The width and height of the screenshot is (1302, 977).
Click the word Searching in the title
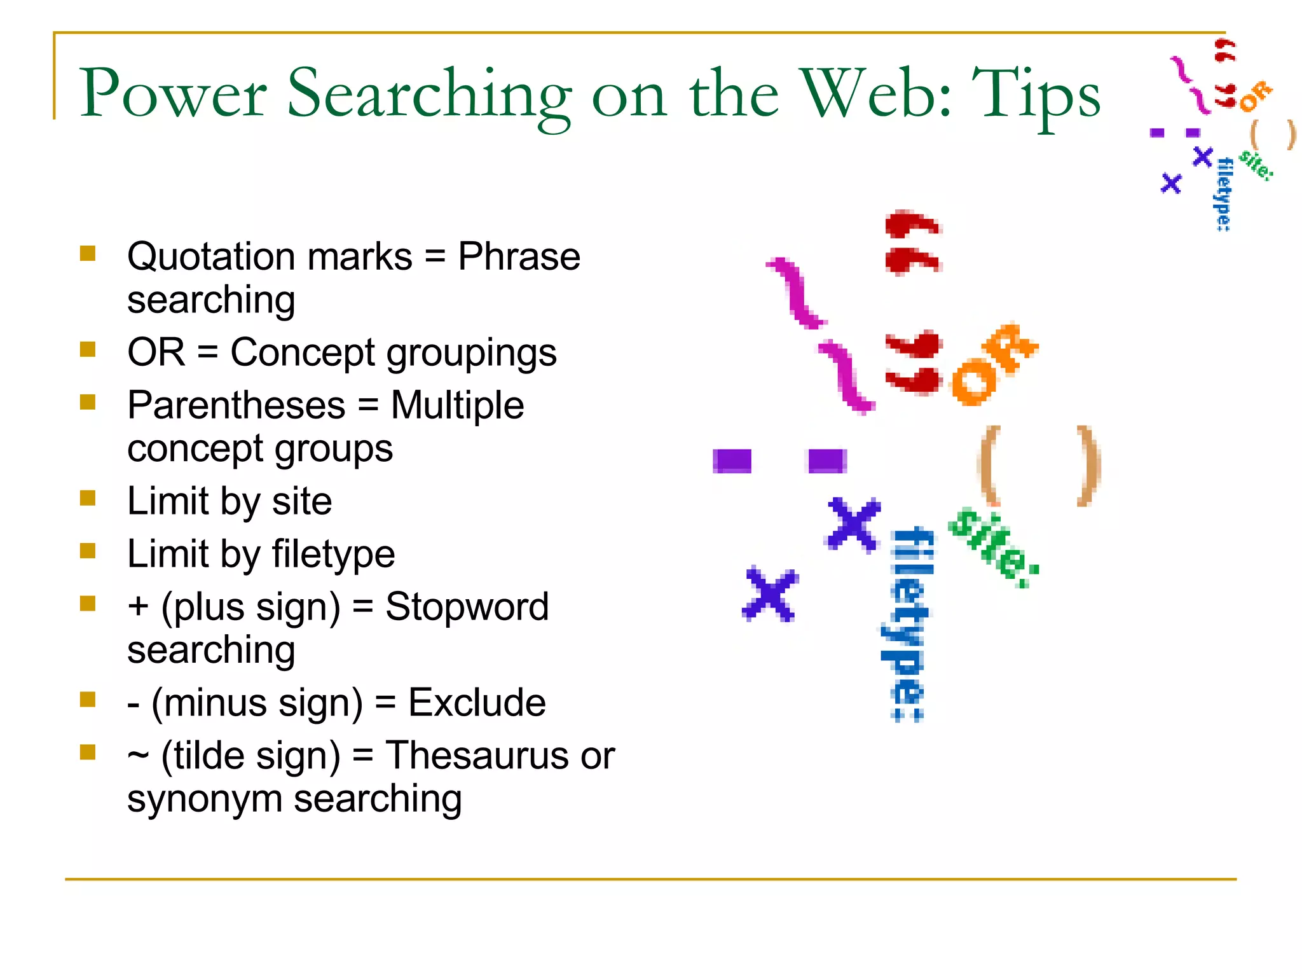coord(429,94)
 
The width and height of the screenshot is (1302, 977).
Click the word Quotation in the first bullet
coord(207,256)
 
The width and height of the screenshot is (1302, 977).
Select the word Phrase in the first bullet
coord(519,256)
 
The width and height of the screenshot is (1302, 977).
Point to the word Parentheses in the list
coord(236,405)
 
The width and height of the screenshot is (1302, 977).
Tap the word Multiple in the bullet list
coord(457,405)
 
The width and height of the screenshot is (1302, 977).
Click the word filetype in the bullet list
coord(333,553)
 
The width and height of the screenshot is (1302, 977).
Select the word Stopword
coord(467,606)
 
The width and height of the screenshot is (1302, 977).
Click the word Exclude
coord(477,702)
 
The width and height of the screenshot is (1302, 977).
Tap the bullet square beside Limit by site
coord(88,498)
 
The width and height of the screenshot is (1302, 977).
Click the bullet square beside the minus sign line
coord(88,700)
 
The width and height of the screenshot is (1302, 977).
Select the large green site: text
coord(994,548)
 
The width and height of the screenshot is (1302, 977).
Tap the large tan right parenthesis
coord(1089,466)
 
